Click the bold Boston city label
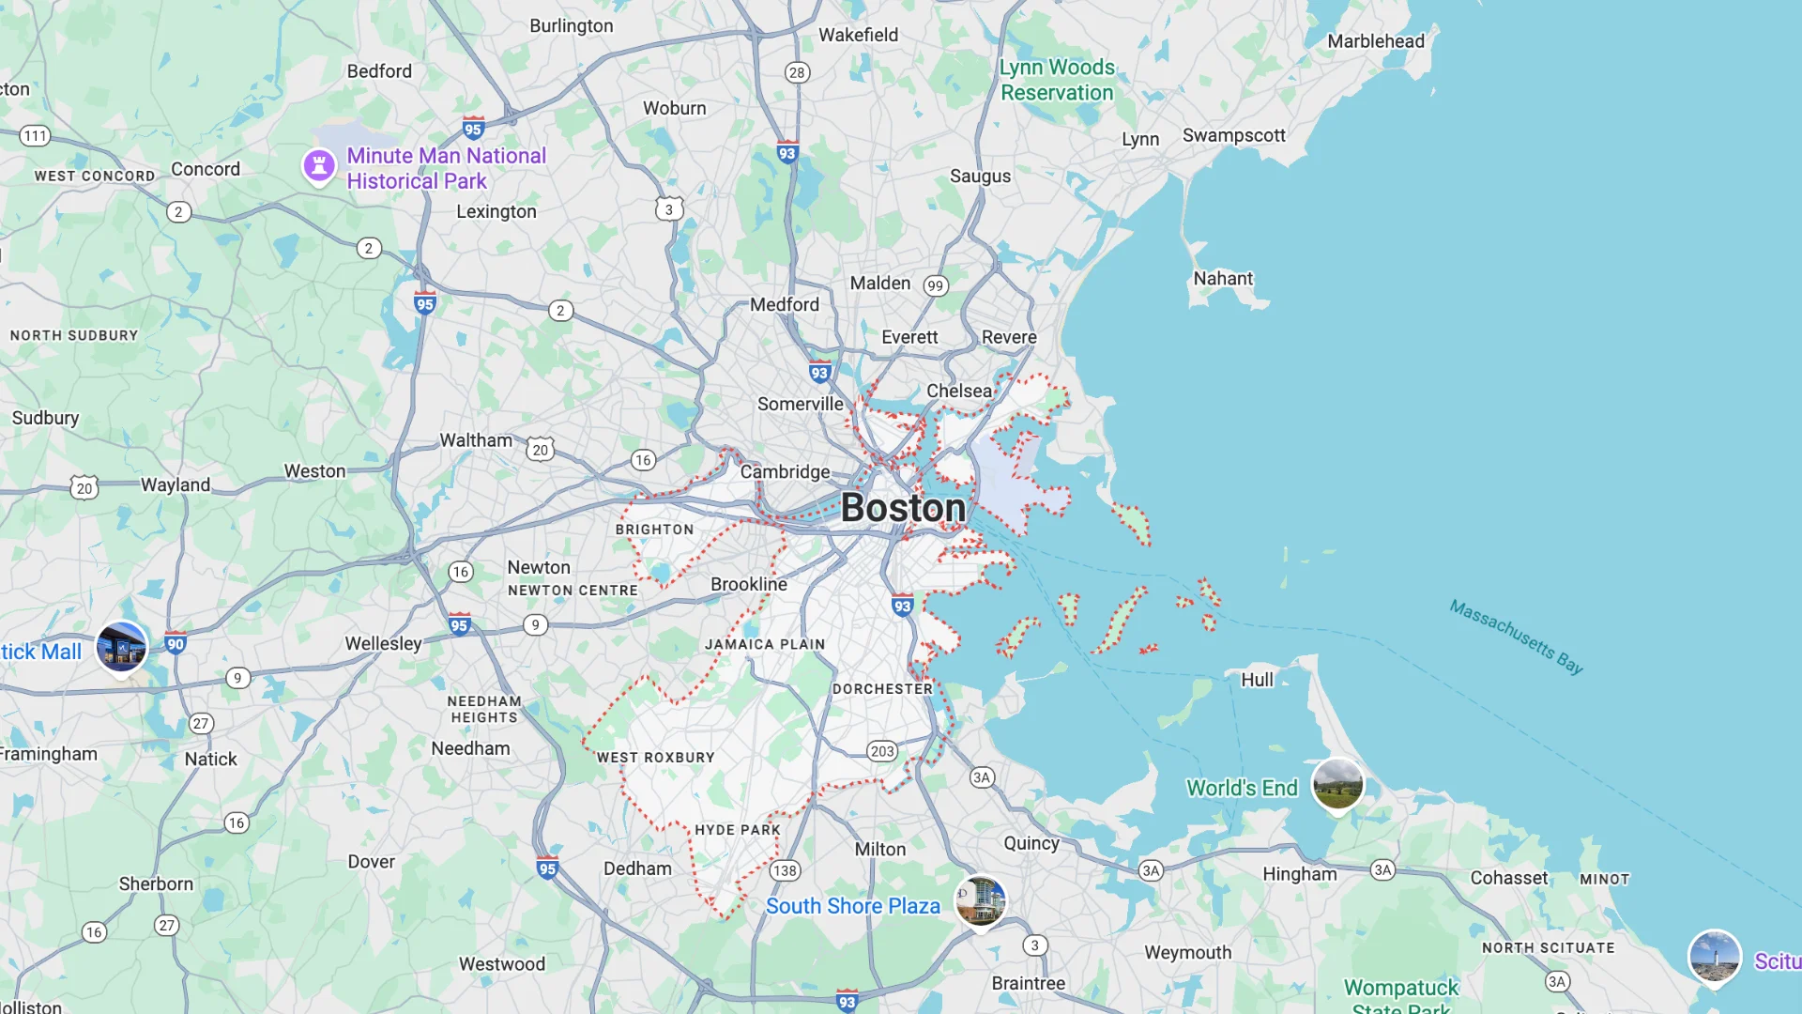click(x=903, y=508)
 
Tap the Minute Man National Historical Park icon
click(x=319, y=166)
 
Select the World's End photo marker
click(x=1337, y=783)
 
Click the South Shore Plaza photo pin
click(x=980, y=900)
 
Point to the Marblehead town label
click(x=1375, y=41)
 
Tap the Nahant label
click(x=1222, y=279)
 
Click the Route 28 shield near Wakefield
click(x=797, y=72)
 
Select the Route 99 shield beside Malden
click(x=935, y=285)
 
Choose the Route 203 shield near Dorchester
click(x=882, y=751)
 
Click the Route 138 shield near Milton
click(x=785, y=870)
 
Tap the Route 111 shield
click(x=35, y=136)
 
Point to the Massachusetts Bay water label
click(x=1516, y=637)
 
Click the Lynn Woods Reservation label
click(x=1057, y=80)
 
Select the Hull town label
click(x=1257, y=680)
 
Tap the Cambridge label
click(x=785, y=471)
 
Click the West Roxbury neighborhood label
click(x=655, y=758)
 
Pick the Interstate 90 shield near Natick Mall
click(x=176, y=643)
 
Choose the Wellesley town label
click(x=383, y=643)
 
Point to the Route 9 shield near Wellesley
click(x=535, y=625)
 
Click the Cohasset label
click(x=1508, y=878)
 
